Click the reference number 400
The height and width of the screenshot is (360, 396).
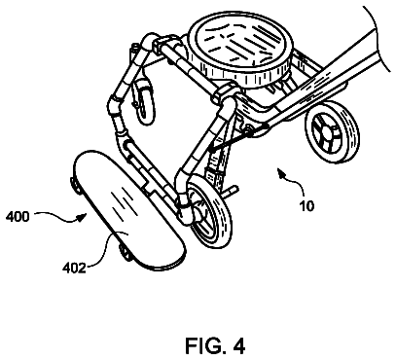(x=18, y=216)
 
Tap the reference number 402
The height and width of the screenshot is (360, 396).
(x=74, y=268)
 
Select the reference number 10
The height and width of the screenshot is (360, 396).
(x=306, y=206)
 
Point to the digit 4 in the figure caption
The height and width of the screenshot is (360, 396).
(x=238, y=345)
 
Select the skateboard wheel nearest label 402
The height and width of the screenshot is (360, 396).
(x=126, y=251)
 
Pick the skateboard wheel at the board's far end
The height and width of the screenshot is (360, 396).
(x=75, y=186)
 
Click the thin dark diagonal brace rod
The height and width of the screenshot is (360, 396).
(x=232, y=139)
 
